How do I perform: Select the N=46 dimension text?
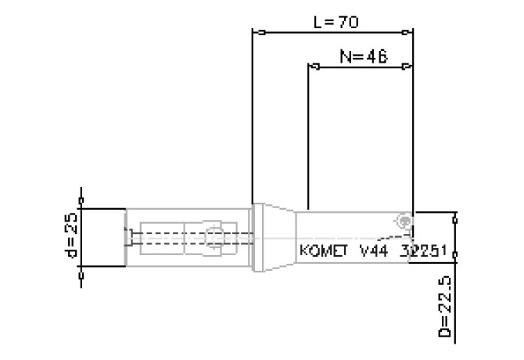tap(364, 56)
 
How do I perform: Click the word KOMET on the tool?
tap(324, 251)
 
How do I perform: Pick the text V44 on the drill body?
tap(374, 251)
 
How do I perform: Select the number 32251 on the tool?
tap(422, 251)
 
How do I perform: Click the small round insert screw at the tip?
tap(404, 221)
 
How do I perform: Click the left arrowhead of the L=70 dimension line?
tap(257, 33)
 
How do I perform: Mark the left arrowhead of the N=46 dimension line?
tap(314, 67)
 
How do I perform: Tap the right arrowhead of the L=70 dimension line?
tap(407, 33)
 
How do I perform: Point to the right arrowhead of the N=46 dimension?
tap(407, 67)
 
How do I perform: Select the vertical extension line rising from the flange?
tap(252, 117)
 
